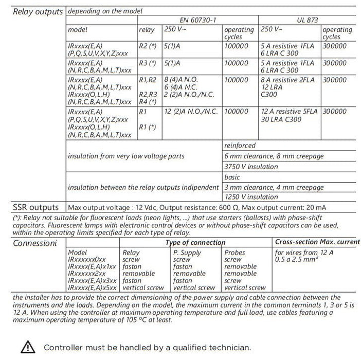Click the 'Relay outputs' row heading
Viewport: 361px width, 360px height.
[38, 11]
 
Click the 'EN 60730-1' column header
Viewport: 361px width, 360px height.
[198, 20]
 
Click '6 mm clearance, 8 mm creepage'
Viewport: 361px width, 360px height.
[274, 156]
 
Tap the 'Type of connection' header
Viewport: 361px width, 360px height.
[195, 242]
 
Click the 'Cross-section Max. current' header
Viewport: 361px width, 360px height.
[317, 242]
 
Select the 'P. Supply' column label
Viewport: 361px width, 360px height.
[187, 253]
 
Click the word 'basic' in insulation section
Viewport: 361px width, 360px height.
[232, 177]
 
